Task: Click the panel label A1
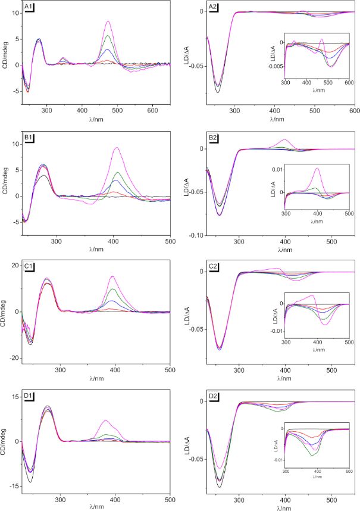coord(28,7)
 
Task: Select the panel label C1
coord(28,266)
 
